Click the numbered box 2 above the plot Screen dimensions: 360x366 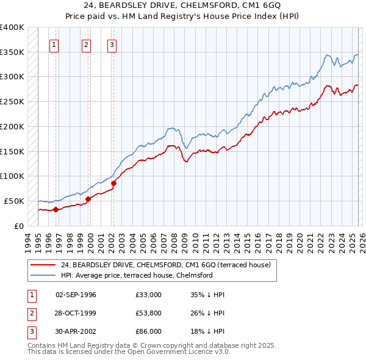86,44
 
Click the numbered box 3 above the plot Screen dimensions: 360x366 112,44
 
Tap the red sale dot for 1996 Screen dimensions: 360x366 56,209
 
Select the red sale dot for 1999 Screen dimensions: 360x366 88,199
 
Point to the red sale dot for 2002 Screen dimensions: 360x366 113,183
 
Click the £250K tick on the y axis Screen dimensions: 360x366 12,102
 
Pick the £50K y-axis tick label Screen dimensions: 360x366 14,201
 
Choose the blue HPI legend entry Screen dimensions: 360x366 136,275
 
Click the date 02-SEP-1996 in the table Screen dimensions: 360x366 76,295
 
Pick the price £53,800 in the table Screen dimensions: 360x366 149,313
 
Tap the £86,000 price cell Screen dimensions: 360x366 149,331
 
